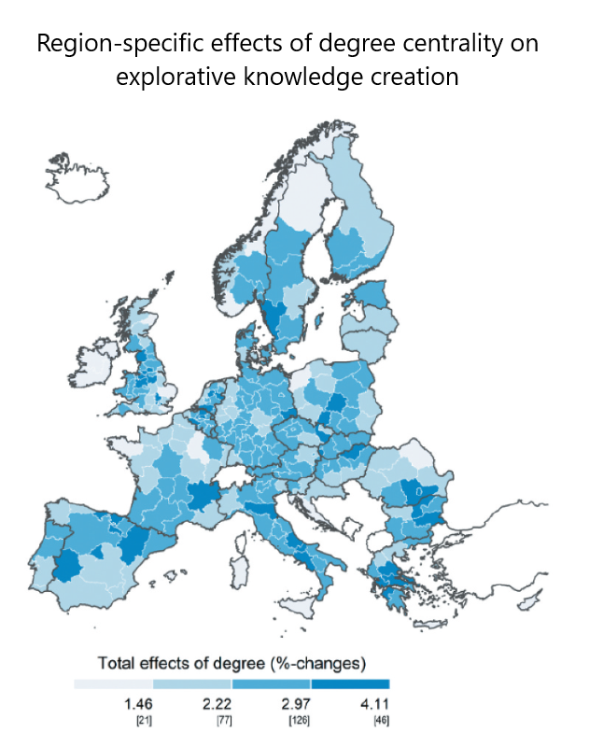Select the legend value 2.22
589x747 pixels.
click(x=217, y=702)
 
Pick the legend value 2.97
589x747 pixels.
click(x=296, y=702)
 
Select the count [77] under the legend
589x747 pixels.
click(x=223, y=720)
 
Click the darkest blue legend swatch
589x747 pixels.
click(x=349, y=684)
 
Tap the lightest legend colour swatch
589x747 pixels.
click(x=113, y=684)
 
